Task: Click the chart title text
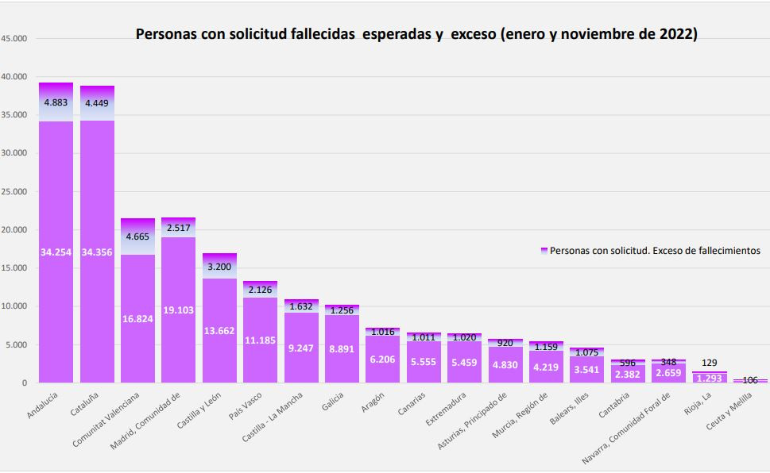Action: coord(416,35)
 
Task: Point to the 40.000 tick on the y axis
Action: coord(14,77)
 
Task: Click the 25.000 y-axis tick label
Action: coord(14,192)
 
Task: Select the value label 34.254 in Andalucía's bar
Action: coord(56,252)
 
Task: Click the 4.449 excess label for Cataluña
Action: coord(97,102)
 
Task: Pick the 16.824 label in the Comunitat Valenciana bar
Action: coord(138,319)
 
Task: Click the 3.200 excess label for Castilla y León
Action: coord(220,267)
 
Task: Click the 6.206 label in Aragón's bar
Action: coord(383,360)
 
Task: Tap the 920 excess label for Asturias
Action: coord(505,343)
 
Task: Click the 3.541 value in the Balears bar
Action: coord(587,369)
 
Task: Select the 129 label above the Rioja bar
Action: coord(710,363)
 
